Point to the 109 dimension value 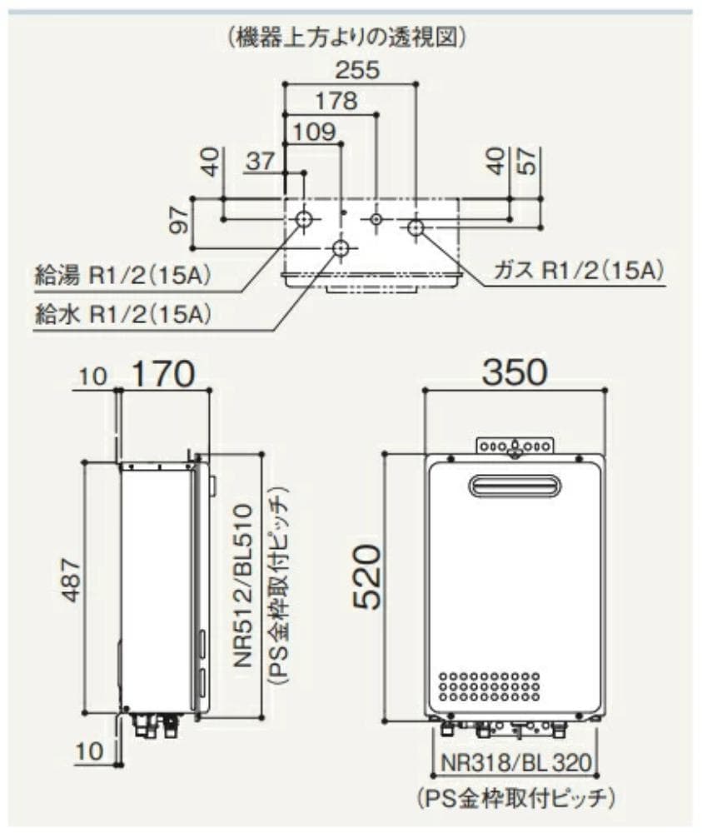click(x=313, y=131)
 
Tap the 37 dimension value click(x=261, y=162)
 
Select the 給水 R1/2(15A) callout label click(x=122, y=316)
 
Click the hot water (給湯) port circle click(x=305, y=219)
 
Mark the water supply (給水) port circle click(x=341, y=248)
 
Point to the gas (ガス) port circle click(x=416, y=224)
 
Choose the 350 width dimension click(x=515, y=372)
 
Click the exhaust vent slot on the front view click(x=515, y=486)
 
